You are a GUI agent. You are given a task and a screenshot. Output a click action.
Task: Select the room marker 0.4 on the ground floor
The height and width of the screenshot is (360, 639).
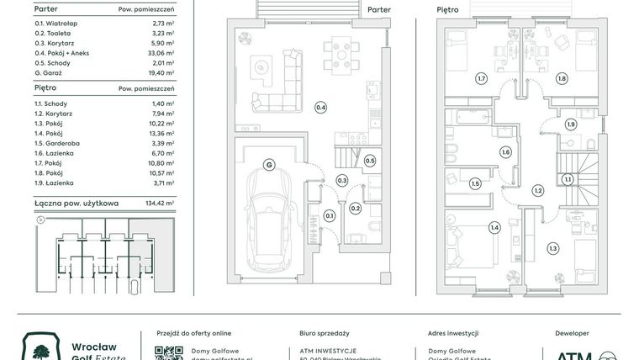(x=320, y=107)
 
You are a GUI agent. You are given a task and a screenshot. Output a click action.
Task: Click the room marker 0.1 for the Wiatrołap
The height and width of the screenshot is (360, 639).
(x=330, y=216)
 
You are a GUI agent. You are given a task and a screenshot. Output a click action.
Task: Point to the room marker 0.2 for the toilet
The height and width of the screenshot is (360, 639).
(x=355, y=208)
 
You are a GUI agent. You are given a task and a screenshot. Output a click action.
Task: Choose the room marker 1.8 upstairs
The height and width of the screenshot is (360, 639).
(x=562, y=78)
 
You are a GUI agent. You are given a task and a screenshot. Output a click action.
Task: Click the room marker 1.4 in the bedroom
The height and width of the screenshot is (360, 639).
(x=494, y=227)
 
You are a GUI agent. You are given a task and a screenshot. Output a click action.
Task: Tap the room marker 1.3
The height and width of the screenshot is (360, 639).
(x=552, y=248)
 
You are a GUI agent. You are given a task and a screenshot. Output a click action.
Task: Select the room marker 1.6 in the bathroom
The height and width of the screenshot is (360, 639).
(x=505, y=152)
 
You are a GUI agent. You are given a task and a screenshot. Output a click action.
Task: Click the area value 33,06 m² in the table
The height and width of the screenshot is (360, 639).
(x=159, y=52)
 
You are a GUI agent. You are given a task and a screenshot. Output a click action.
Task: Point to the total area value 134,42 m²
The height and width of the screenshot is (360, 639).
(x=158, y=203)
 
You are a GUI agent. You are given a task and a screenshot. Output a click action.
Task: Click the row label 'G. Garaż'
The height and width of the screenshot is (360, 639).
(x=52, y=73)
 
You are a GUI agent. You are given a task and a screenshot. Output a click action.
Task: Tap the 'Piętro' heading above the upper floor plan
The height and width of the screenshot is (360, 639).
(x=448, y=10)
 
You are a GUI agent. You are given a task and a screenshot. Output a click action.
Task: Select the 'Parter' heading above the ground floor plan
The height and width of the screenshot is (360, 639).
(x=379, y=10)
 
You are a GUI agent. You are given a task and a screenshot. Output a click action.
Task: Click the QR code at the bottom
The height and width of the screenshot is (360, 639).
(x=169, y=353)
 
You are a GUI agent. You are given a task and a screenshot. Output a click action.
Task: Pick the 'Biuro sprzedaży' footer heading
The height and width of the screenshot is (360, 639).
(x=324, y=333)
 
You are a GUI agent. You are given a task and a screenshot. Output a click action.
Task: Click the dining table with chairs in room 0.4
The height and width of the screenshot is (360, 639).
(x=340, y=55)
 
